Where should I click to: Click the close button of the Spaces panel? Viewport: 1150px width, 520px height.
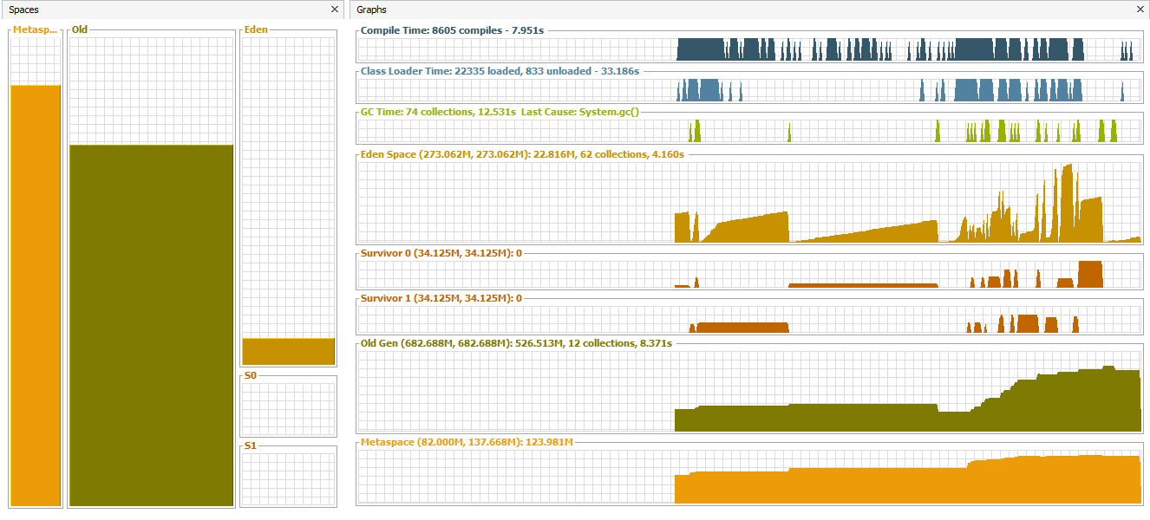click(335, 10)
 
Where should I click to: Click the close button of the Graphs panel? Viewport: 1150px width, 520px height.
click(1140, 10)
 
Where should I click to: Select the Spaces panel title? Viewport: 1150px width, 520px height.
click(24, 10)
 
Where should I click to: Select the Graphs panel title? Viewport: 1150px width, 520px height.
click(372, 10)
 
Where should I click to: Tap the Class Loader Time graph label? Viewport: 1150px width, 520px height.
click(500, 71)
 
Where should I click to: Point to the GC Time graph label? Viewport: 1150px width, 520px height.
click(500, 112)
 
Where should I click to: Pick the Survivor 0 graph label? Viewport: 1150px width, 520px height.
click(441, 253)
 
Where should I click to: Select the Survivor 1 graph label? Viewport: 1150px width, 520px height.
click(441, 298)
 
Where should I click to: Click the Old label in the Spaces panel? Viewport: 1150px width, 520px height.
click(80, 29)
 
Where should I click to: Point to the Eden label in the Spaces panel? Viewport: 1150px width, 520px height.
click(256, 29)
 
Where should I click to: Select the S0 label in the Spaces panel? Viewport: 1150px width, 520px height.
click(251, 376)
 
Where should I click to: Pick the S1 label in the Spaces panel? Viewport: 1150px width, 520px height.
click(251, 445)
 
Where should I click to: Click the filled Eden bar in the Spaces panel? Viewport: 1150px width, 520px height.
click(288, 351)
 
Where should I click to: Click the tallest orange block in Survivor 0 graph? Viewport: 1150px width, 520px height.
click(1089, 274)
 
